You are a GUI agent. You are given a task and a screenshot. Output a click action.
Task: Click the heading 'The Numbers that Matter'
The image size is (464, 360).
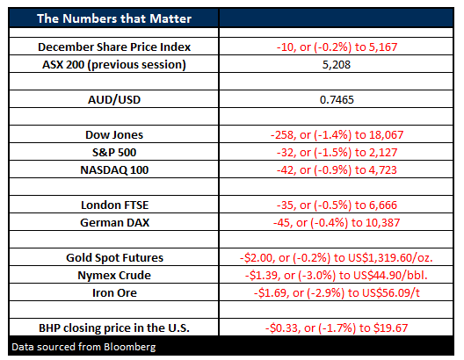(114, 18)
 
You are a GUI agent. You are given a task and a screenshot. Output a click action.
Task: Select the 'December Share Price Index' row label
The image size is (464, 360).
(114, 47)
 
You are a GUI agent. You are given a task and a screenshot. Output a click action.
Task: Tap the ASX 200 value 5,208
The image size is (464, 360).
(337, 65)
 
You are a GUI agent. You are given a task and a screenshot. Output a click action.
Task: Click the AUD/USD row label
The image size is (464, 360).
(114, 100)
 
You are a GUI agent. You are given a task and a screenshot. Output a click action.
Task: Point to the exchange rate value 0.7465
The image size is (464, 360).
(337, 100)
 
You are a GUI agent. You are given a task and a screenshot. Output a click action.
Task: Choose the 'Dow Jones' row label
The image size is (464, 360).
(114, 134)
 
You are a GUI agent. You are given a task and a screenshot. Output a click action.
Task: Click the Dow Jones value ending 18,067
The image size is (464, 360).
(337, 135)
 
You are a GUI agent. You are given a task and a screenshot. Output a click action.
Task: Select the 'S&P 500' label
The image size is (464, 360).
(114, 153)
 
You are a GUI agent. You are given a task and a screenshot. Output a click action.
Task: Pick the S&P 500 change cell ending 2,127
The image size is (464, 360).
(337, 153)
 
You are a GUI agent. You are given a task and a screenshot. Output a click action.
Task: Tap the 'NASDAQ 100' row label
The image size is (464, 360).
(114, 170)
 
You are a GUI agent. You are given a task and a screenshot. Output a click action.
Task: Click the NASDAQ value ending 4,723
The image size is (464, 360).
(337, 170)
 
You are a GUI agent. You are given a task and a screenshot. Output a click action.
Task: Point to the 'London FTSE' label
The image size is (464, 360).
(114, 205)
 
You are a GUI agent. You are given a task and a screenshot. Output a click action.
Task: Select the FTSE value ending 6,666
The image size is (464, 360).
(337, 205)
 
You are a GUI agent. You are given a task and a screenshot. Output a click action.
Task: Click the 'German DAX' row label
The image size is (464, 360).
(114, 222)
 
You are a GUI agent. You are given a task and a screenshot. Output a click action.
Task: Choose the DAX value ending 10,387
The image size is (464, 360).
(337, 223)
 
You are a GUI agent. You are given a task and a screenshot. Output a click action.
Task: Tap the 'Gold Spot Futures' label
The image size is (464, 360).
(114, 258)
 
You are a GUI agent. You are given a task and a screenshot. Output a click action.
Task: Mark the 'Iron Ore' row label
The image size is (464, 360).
(114, 293)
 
